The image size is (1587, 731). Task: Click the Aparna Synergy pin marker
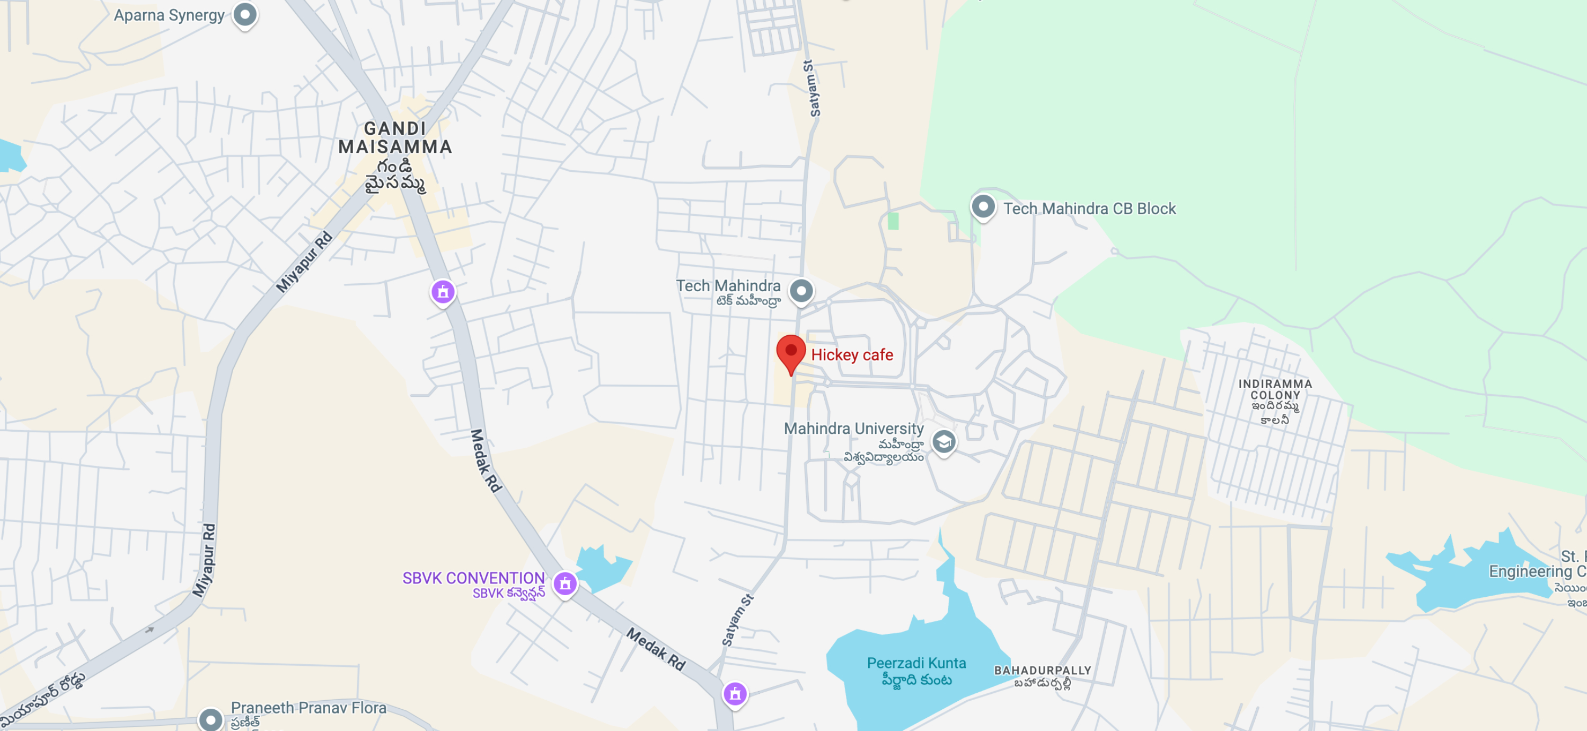[244, 14]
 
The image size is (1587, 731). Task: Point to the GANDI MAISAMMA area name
[395, 137]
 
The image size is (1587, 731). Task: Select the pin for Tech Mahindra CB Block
[983, 206]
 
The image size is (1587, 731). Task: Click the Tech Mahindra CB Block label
[1089, 209]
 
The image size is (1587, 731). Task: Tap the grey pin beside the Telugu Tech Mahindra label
[801, 290]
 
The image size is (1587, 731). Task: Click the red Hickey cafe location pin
[790, 352]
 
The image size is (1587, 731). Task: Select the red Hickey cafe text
[851, 355]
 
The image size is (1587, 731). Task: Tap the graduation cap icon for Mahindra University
[943, 441]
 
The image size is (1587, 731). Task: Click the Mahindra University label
[853, 429]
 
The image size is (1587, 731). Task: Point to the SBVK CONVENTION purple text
[473, 578]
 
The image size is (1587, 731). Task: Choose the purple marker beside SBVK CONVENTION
[565, 583]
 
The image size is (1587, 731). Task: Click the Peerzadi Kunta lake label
[916, 663]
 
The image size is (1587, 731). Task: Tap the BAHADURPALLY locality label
[1043, 671]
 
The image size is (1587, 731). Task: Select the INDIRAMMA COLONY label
[1275, 389]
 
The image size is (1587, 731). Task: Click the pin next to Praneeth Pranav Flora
[210, 719]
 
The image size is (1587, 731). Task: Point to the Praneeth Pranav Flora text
[308, 708]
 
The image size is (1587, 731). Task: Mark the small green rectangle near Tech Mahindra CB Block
[893, 221]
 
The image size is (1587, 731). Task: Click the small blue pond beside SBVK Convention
[601, 567]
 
